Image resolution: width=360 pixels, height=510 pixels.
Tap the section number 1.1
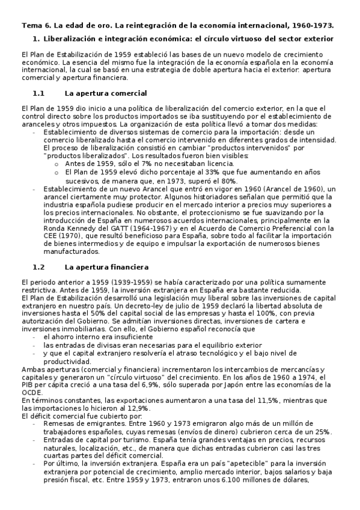pos(38,94)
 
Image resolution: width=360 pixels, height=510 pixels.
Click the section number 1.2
pos(38,267)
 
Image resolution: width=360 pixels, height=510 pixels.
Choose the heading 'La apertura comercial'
pos(105,94)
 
